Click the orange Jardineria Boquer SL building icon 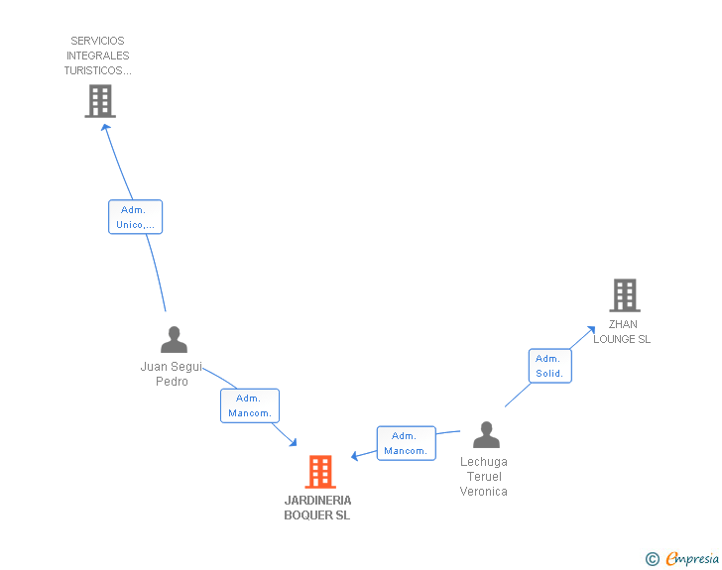[x=319, y=472]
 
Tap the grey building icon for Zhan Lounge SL [x=624, y=294]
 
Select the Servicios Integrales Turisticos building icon [x=99, y=100]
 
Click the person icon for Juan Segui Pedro [x=174, y=340]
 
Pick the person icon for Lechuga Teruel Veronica [x=486, y=435]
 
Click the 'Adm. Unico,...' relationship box [x=134, y=217]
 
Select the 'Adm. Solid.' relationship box [x=549, y=366]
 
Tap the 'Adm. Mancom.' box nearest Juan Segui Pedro [x=249, y=405]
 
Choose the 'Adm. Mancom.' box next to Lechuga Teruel [x=406, y=443]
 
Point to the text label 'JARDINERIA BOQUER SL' [x=317, y=508]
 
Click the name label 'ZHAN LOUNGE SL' [x=623, y=332]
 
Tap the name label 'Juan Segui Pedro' [x=172, y=374]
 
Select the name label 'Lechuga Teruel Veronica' [x=484, y=477]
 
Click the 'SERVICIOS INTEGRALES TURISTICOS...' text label [x=97, y=56]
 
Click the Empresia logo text [x=692, y=559]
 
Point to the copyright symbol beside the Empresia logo [x=653, y=559]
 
